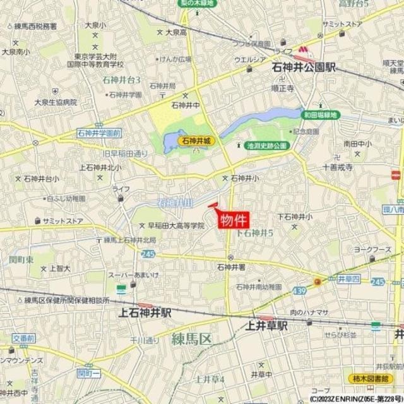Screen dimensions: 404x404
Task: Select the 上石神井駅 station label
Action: (145, 312)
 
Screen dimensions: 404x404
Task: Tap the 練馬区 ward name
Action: (191, 340)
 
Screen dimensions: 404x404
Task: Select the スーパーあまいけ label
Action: (131, 276)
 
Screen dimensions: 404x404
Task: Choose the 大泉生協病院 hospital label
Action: (38, 102)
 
